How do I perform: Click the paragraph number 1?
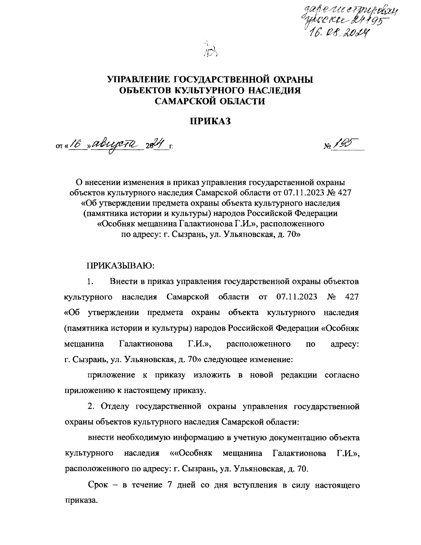coord(91,281)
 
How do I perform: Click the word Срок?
coord(99,485)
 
